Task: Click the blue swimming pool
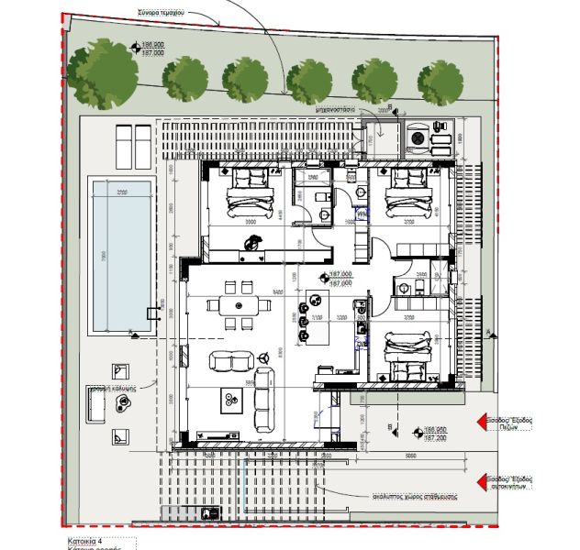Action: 122,257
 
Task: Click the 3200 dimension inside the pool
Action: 121,192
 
